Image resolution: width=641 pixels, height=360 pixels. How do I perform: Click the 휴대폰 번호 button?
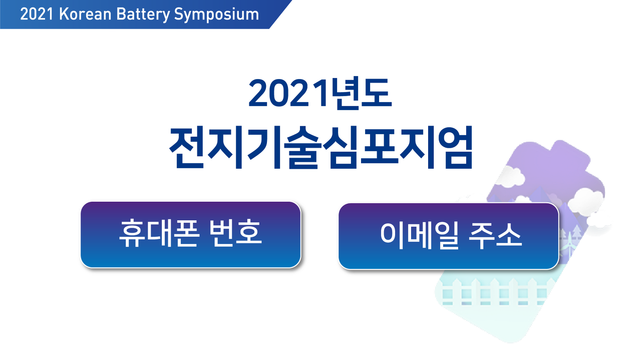pos(191,235)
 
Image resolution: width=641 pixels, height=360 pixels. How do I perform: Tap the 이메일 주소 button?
pos(449,236)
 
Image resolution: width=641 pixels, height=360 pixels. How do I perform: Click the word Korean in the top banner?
pos(85,14)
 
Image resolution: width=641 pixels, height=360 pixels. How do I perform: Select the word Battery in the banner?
pos(143,15)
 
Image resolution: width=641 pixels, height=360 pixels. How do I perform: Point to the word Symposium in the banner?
pos(216,15)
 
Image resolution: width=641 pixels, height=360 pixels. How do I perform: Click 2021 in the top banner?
pos(37,14)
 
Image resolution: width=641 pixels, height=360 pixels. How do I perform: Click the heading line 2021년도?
pos(320,93)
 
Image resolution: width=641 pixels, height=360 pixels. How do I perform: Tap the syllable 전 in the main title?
pos(187,147)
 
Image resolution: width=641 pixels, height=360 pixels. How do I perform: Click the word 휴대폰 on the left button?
pos(159,233)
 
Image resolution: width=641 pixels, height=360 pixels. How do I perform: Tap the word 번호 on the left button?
pos(235,233)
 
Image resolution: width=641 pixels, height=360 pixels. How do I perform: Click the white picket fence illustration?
pos(494,292)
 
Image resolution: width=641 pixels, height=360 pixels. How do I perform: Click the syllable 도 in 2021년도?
pos(376,93)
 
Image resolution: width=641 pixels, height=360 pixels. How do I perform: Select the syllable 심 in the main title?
pos(340,147)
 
